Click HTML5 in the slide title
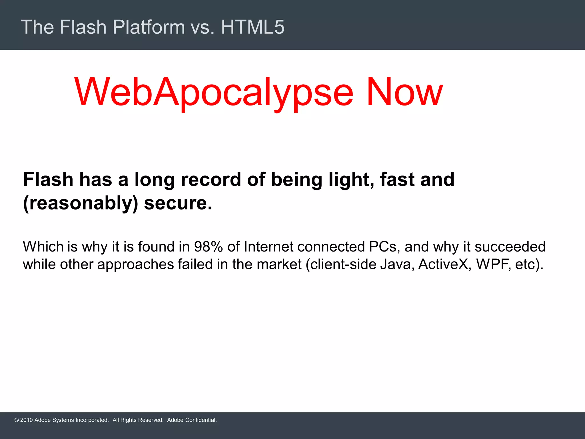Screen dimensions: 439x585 click(253, 27)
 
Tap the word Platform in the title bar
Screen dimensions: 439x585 click(149, 27)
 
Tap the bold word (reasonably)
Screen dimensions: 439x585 click(81, 203)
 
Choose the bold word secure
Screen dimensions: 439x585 click(178, 203)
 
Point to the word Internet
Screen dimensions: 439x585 click(269, 247)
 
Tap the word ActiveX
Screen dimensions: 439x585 click(444, 264)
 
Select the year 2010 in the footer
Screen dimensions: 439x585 click(27, 420)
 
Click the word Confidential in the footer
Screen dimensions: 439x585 click(201, 420)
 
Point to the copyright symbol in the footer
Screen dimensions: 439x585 click(17, 420)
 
